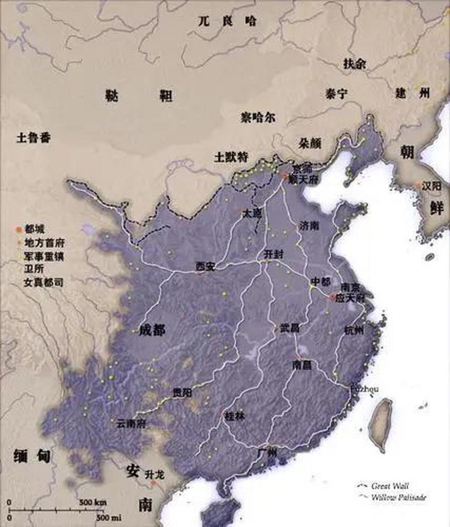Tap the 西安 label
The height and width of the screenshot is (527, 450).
tap(205, 266)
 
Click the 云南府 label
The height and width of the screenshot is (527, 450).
tap(131, 423)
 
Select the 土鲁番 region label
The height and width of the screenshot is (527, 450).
tap(34, 138)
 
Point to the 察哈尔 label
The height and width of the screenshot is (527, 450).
tap(258, 118)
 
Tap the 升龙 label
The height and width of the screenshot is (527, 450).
tap(154, 475)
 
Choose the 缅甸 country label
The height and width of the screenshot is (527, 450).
tap(32, 456)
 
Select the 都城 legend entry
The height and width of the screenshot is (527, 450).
tap(35, 229)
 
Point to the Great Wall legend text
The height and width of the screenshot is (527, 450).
tap(390, 486)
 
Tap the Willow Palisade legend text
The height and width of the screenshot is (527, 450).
tap(399, 497)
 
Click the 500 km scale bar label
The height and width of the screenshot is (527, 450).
tap(93, 502)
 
